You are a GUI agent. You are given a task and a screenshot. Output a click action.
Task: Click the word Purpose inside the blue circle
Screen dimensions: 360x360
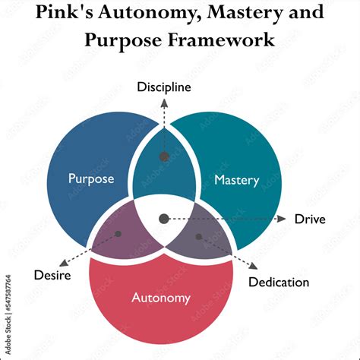coord(91,179)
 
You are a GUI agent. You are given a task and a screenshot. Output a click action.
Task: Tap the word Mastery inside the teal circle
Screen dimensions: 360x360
coord(236,180)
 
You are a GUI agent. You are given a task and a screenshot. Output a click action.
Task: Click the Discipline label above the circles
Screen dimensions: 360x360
coord(164,87)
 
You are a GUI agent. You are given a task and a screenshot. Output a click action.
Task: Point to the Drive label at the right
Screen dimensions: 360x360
coord(310,219)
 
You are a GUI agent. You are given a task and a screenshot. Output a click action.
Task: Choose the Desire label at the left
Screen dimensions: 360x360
coord(52,275)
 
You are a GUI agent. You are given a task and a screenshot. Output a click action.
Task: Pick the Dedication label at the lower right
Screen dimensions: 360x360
coord(279,283)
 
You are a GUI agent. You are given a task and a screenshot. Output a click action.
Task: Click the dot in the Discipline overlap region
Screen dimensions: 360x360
coord(164,156)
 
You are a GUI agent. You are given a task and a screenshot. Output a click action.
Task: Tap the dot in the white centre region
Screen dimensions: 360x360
coord(163,219)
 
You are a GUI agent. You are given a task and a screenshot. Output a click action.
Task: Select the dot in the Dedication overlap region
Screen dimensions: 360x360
coord(199,237)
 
